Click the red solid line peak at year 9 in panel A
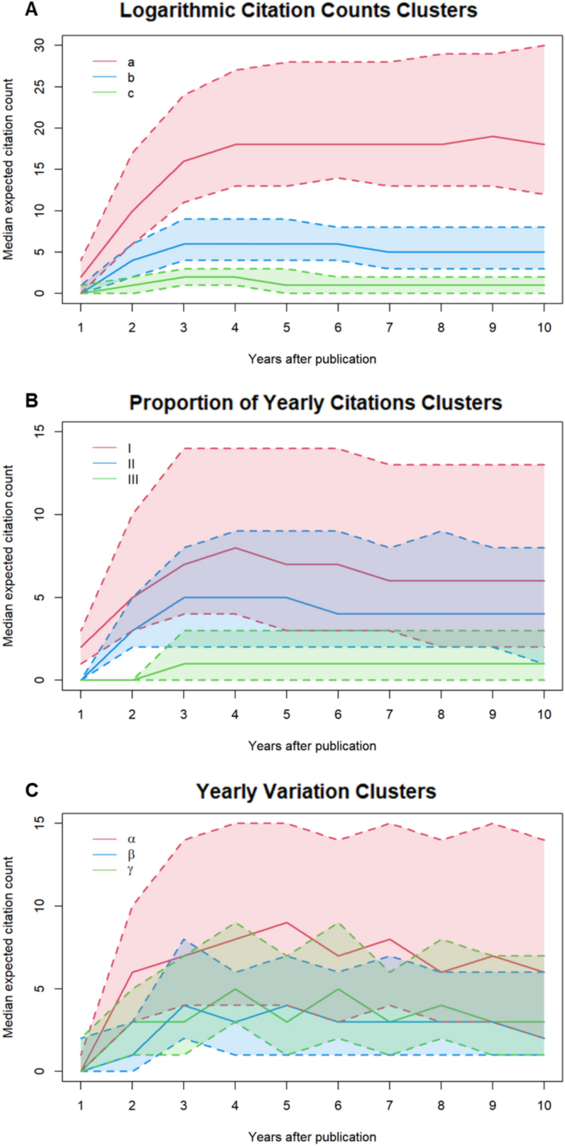[492, 136]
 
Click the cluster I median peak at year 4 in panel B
[235, 548]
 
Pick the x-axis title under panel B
[312, 746]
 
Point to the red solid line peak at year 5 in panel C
[286, 922]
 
